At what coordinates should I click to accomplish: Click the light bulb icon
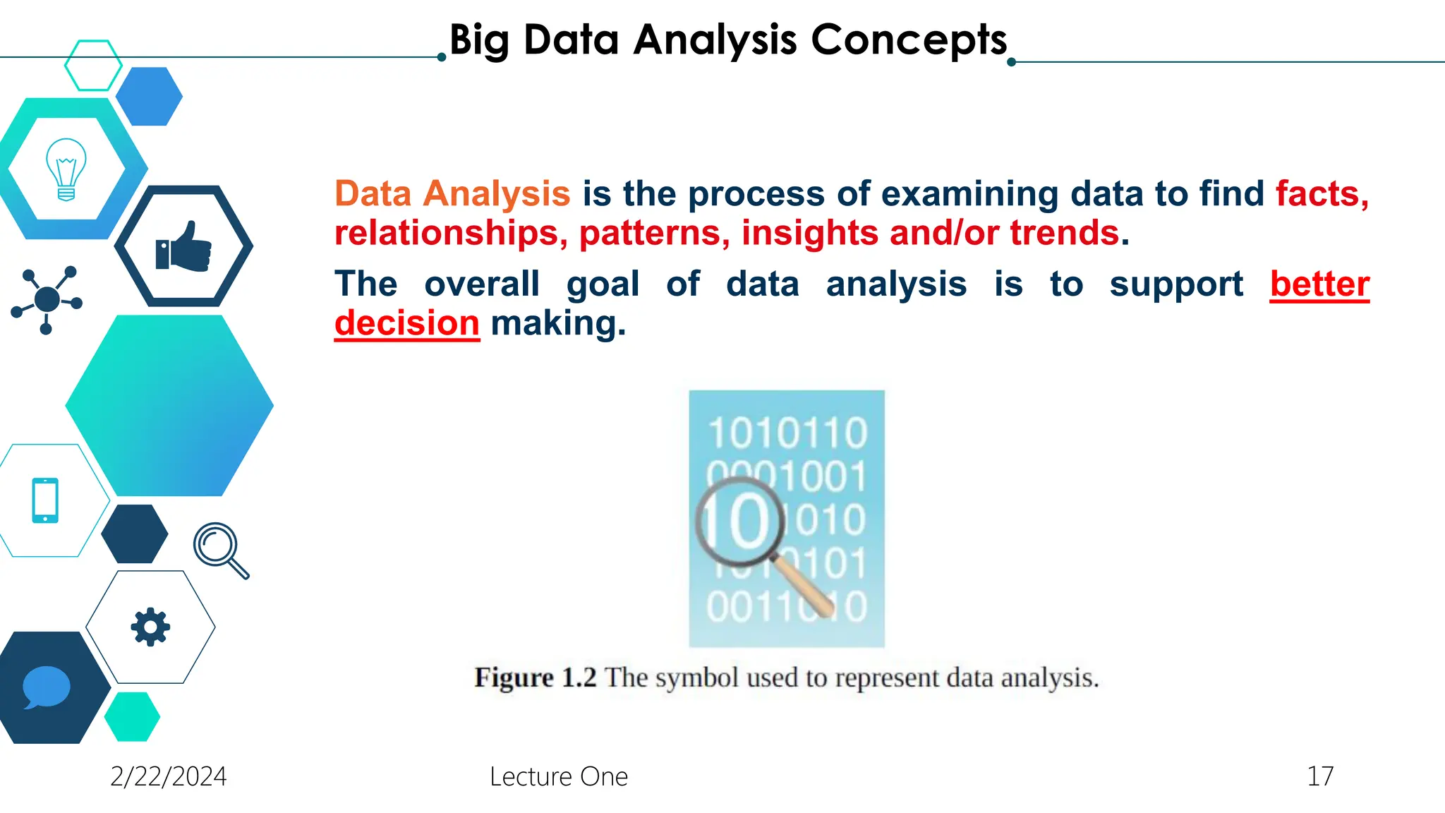click(66, 169)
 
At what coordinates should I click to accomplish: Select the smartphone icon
click(45, 500)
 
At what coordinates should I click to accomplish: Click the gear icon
click(150, 627)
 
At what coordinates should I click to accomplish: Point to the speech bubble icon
click(47, 686)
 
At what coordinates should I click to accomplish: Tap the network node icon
click(47, 299)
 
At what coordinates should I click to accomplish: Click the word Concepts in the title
click(909, 40)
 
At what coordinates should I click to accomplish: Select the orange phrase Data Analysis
click(452, 193)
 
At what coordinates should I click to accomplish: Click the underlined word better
click(1319, 284)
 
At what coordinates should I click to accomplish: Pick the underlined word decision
click(407, 323)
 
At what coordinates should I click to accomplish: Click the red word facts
click(1322, 193)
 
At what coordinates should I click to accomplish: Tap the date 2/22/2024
click(169, 776)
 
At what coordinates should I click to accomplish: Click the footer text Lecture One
click(559, 776)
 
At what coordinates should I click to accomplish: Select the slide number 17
click(1320, 776)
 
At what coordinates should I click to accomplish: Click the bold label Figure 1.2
click(536, 677)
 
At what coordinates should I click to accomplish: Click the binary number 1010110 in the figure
click(787, 433)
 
